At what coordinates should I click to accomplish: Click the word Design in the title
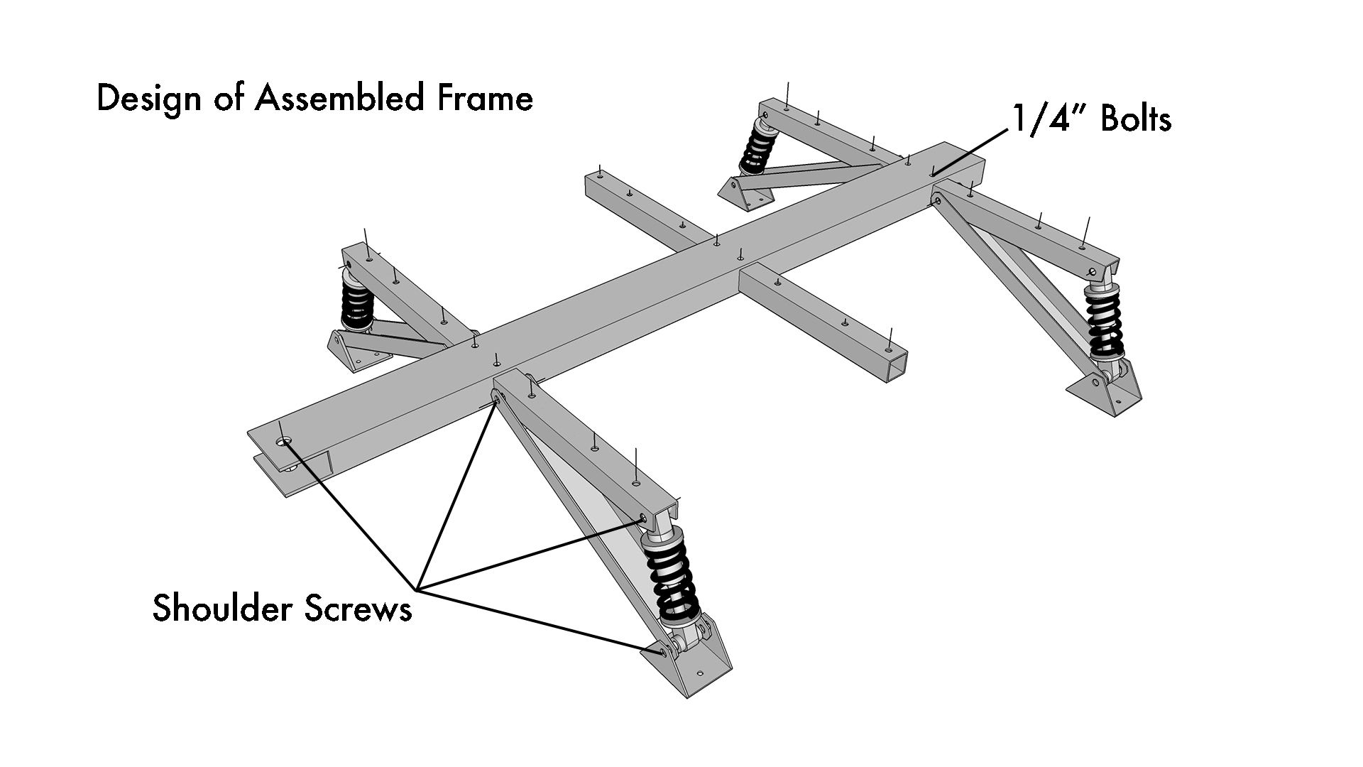[148, 99]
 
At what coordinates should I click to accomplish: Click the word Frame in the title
[485, 98]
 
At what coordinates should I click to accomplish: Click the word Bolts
[1135, 119]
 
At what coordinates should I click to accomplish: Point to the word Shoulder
[221, 609]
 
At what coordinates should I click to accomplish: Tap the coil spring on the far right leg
[1105, 322]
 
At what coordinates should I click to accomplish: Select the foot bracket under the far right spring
[1107, 394]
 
